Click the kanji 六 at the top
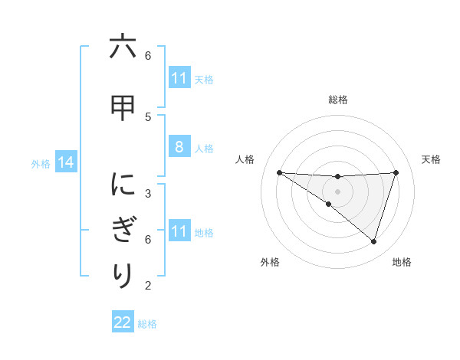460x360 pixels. tap(122, 47)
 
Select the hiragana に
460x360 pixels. tap(122, 185)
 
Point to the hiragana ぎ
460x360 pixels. tap(122, 230)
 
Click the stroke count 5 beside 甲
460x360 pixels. tap(148, 116)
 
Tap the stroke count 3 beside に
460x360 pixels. tap(148, 193)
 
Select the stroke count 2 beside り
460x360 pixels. tap(148, 286)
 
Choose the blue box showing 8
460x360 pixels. tap(179, 148)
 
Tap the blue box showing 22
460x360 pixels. tap(122, 322)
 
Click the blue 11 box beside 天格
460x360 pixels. tap(179, 79)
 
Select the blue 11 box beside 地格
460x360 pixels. tap(179, 232)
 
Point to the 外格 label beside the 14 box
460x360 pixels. tap(41, 164)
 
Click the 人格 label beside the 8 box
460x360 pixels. tap(204, 149)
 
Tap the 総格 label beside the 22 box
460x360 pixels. tap(147, 323)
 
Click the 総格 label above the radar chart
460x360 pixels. tap(337, 100)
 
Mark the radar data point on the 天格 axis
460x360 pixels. tap(396, 172)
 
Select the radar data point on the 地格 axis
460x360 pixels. tap(373, 241)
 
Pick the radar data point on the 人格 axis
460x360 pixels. tap(279, 172)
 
